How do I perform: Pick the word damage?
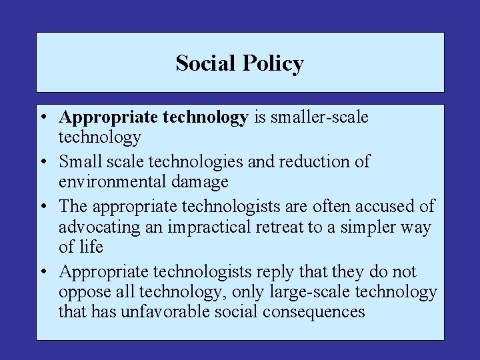pos(201,181)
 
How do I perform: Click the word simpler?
pos(365,227)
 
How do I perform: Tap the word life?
pos(90,247)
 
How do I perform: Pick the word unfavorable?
pos(167,311)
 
